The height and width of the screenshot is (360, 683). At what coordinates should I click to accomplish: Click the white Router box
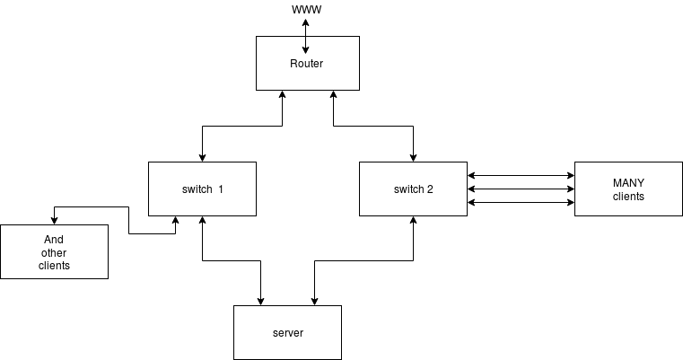pyautogui.click(x=308, y=76)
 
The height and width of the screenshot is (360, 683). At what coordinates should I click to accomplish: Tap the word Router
pyautogui.click(x=306, y=64)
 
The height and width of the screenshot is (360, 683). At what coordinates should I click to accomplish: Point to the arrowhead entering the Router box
pyautogui.click(x=305, y=49)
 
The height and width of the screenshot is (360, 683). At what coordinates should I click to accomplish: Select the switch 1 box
pyautogui.click(x=202, y=202)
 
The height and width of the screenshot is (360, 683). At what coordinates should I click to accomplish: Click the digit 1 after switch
pyautogui.click(x=221, y=189)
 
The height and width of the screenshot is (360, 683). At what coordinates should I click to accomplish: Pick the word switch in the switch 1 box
pyautogui.click(x=197, y=189)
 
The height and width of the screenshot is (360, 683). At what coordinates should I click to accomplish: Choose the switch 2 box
pyautogui.click(x=413, y=202)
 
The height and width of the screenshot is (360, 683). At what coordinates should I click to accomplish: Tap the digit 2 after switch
pyautogui.click(x=430, y=189)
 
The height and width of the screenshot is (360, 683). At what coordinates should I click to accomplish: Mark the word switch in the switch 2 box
pyautogui.click(x=408, y=189)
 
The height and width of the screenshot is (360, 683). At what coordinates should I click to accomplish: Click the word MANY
pyautogui.click(x=628, y=183)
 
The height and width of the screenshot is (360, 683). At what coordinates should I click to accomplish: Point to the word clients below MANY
pyautogui.click(x=628, y=196)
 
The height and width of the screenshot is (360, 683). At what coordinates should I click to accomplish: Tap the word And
pyautogui.click(x=54, y=240)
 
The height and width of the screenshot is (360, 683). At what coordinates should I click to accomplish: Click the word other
pyautogui.click(x=54, y=253)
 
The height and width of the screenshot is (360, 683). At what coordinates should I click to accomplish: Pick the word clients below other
pyautogui.click(x=54, y=266)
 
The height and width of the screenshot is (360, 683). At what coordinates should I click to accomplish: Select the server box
pyautogui.click(x=287, y=346)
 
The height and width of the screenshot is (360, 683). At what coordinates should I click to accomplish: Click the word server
pyautogui.click(x=287, y=333)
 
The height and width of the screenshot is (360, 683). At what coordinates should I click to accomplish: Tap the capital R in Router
pyautogui.click(x=293, y=64)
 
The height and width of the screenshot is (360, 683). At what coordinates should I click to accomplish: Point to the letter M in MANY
pyautogui.click(x=617, y=183)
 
